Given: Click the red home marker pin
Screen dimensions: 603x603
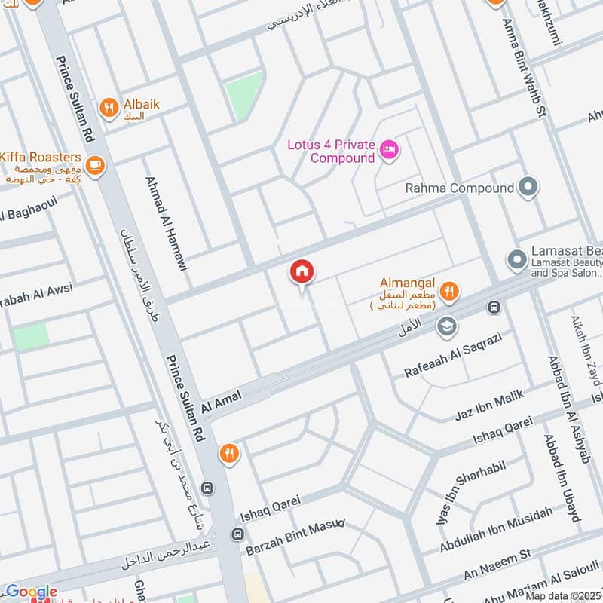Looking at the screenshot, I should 302,272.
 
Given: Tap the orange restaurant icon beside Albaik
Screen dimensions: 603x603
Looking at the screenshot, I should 110,109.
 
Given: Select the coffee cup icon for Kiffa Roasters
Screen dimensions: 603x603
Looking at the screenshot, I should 95,164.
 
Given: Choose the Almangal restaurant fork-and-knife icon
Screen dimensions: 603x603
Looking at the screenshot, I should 449,290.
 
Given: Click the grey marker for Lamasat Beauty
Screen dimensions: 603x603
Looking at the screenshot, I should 516,260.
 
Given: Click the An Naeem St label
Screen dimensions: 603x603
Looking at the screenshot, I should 497,562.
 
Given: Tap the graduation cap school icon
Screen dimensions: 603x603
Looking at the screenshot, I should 447,326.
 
